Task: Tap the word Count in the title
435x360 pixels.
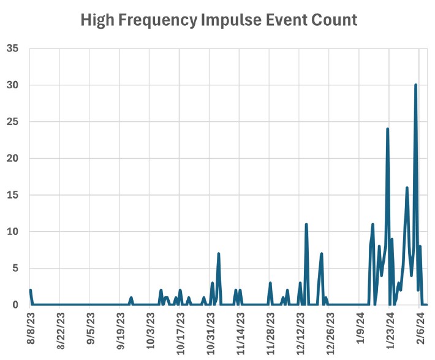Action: [335, 20]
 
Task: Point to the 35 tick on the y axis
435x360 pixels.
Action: [13, 48]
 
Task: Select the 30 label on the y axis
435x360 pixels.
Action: [13, 85]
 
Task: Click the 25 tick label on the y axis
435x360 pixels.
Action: [13, 122]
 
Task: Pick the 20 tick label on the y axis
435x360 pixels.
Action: [13, 158]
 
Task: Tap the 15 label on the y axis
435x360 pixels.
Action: [13, 195]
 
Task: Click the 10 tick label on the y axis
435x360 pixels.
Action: [13, 232]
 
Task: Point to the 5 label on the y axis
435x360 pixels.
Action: [16, 268]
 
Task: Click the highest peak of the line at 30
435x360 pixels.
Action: [415, 85]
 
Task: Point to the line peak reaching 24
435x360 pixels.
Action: [387, 129]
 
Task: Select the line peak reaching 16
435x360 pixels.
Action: [407, 188]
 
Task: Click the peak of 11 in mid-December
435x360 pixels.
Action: [306, 225]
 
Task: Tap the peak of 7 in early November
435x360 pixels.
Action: [218, 254]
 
